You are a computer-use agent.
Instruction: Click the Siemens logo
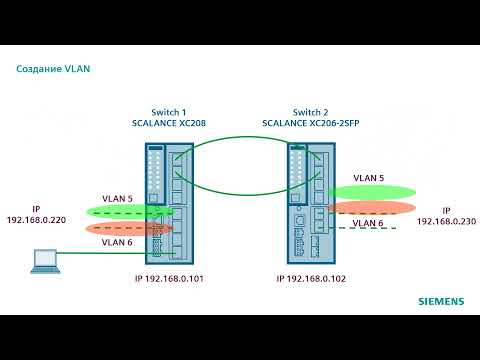[440, 300]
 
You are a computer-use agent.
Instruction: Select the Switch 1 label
[168, 111]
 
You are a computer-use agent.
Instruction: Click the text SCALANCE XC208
[168, 122]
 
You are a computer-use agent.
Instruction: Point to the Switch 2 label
[310, 111]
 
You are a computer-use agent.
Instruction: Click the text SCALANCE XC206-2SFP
[310, 122]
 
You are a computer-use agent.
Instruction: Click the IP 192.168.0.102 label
[311, 280]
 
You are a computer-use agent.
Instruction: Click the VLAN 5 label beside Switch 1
[117, 198]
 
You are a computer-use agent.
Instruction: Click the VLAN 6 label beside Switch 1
[117, 242]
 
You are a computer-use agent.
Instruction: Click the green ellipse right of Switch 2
[370, 190]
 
